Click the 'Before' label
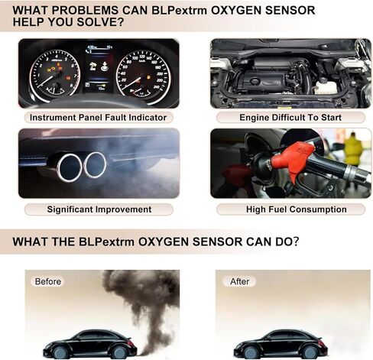[48, 281]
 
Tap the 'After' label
[239, 281]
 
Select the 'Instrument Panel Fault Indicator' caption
[98, 118]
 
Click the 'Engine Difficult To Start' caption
[290, 118]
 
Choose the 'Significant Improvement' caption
[99, 209]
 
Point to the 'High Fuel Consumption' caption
[297, 209]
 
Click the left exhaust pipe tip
[69, 168]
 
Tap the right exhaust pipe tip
[95, 165]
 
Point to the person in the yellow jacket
[353, 151]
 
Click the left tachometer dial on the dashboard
[54, 74]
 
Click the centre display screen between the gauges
[99, 69]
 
